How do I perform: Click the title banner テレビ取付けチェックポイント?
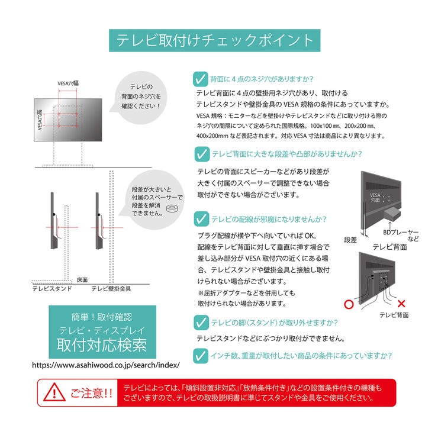214,40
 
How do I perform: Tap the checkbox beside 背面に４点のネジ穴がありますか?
201,79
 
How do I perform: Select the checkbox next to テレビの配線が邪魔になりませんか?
201,219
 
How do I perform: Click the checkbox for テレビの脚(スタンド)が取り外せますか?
201,323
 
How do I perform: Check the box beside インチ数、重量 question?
201,356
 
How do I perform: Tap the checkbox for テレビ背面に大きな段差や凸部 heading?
201,154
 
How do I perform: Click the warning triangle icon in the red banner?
54,392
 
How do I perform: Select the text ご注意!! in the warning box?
91,393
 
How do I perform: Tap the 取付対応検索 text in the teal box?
102,345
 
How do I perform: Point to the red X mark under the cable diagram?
401,304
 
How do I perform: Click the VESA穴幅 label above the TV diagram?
69,84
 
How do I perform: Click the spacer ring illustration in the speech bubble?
173,209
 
